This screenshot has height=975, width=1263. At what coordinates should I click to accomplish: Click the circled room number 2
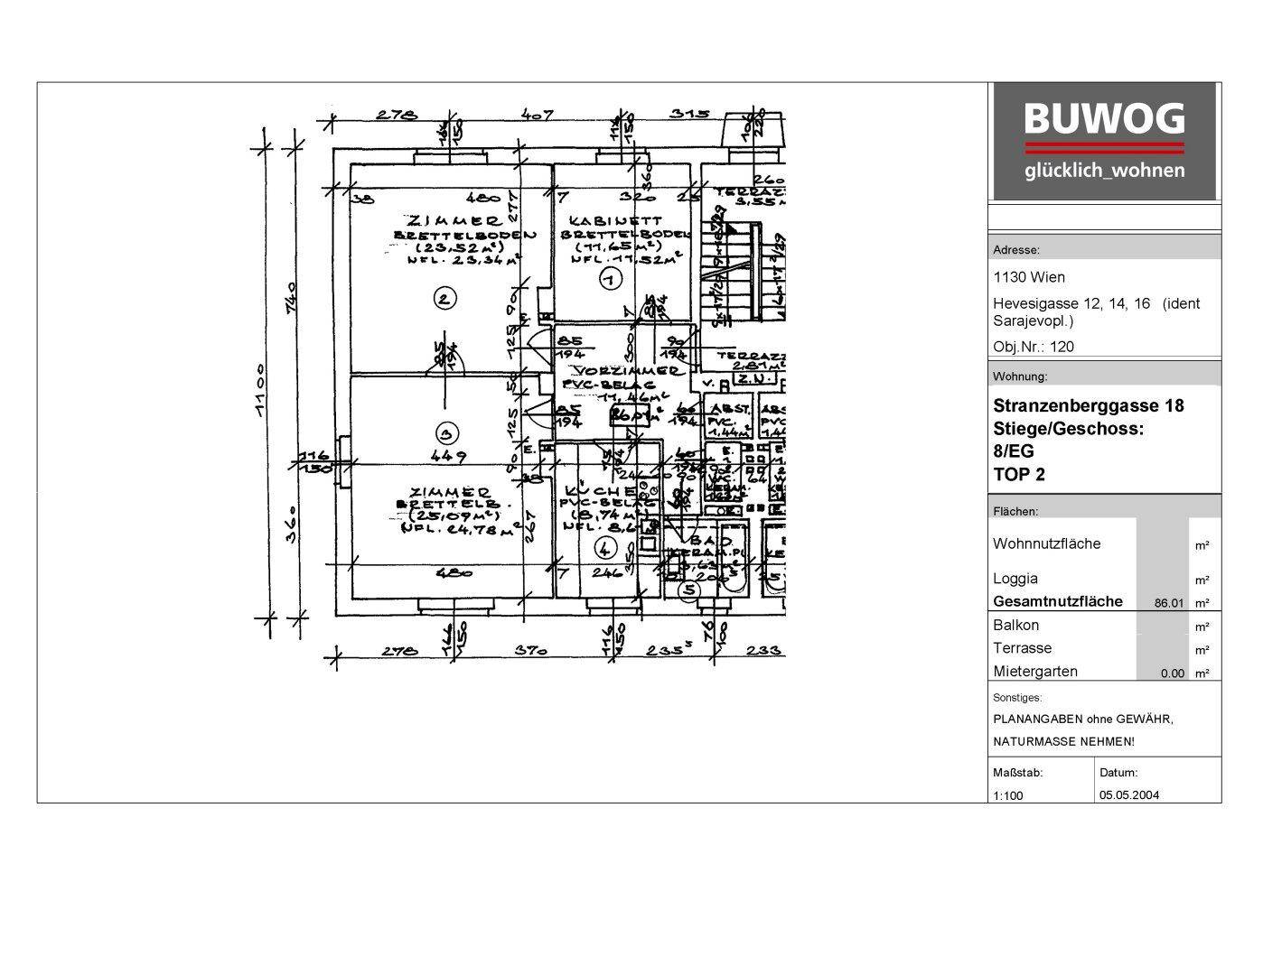click(x=444, y=299)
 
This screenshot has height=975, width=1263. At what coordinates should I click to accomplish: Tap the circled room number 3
click(x=444, y=431)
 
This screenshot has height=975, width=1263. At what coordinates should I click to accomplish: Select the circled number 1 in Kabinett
click(x=610, y=280)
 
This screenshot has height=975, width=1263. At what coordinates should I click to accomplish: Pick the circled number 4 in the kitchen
click(x=604, y=546)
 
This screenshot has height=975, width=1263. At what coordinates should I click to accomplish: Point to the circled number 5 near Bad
click(x=689, y=591)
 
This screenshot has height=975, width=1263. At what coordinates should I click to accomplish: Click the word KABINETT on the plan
click(x=616, y=219)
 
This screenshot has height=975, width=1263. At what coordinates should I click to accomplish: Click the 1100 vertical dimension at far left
click(x=259, y=390)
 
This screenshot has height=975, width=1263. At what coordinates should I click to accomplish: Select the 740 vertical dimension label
click(x=291, y=299)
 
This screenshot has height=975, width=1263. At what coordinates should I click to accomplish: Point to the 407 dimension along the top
click(x=537, y=116)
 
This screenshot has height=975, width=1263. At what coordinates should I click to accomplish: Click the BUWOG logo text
click(x=1104, y=119)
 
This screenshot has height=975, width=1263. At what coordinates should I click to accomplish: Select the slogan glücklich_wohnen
click(x=1104, y=171)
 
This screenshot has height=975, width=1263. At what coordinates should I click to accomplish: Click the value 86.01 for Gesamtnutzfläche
click(x=1168, y=603)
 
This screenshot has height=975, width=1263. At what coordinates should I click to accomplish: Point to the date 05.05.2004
click(x=1129, y=795)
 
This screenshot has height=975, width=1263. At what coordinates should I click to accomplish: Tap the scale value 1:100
click(x=1008, y=795)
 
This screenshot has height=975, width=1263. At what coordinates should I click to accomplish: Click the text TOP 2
click(x=1018, y=475)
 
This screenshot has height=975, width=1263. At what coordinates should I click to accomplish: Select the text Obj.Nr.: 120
click(x=1034, y=347)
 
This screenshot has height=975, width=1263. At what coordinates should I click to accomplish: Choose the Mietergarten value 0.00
click(x=1172, y=673)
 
